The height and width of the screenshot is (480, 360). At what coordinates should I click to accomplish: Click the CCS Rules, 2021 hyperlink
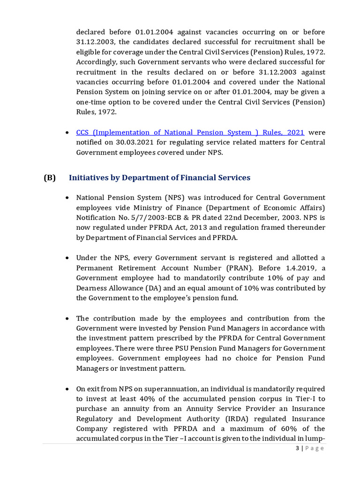click(190, 133)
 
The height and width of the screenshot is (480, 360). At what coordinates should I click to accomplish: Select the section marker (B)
click(49, 178)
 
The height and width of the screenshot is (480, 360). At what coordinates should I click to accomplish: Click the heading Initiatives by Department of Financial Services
click(159, 178)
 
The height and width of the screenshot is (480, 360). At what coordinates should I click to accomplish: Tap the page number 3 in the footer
click(298, 448)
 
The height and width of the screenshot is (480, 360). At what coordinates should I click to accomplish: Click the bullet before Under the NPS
click(68, 258)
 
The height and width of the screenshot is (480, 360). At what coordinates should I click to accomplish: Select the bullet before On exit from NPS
click(68, 389)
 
